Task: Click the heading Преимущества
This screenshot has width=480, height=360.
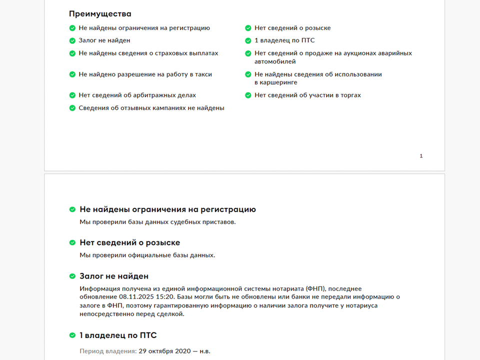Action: [100, 14]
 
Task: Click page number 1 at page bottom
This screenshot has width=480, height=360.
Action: [421, 156]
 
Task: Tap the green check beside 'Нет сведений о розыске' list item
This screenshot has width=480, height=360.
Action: [248, 28]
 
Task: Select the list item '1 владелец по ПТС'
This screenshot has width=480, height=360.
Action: [284, 40]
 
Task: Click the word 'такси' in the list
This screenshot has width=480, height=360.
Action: [203, 74]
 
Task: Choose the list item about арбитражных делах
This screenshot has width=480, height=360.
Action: [137, 95]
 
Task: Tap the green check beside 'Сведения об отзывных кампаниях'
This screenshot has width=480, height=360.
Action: [72, 108]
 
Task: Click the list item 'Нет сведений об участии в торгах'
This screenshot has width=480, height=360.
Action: [307, 95]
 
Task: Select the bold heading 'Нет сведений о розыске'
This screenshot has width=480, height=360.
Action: [129, 242]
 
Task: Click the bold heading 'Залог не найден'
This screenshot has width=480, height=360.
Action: [114, 276]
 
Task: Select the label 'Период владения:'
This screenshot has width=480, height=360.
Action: [108, 351]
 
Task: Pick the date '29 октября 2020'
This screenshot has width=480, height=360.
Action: [162, 351]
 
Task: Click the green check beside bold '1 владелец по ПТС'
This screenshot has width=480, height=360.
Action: [72, 335]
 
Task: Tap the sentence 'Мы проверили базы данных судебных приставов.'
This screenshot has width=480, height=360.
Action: [157, 221]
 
